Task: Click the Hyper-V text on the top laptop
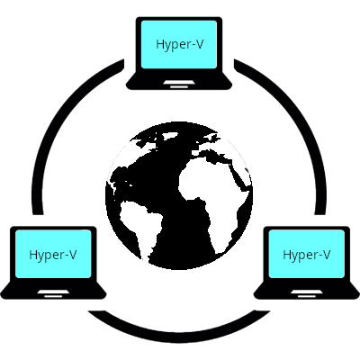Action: pyautogui.click(x=180, y=45)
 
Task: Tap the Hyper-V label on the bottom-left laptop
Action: pyautogui.click(x=53, y=255)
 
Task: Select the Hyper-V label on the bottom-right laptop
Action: pyautogui.click(x=307, y=255)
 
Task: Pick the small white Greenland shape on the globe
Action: pyautogui.click(x=168, y=137)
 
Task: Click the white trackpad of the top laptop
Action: pyautogui.click(x=179, y=82)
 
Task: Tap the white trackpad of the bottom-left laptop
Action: pyautogui.click(x=53, y=292)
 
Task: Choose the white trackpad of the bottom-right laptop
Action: pyautogui.click(x=307, y=292)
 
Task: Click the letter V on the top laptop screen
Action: pyautogui.click(x=199, y=44)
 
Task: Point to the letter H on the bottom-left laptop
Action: pyautogui.click(x=33, y=255)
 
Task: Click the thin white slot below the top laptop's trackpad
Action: pyautogui.click(x=179, y=86)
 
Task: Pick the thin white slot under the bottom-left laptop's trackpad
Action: pyautogui.click(x=53, y=296)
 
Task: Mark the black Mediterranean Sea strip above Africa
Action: pyautogui.click(x=210, y=154)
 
